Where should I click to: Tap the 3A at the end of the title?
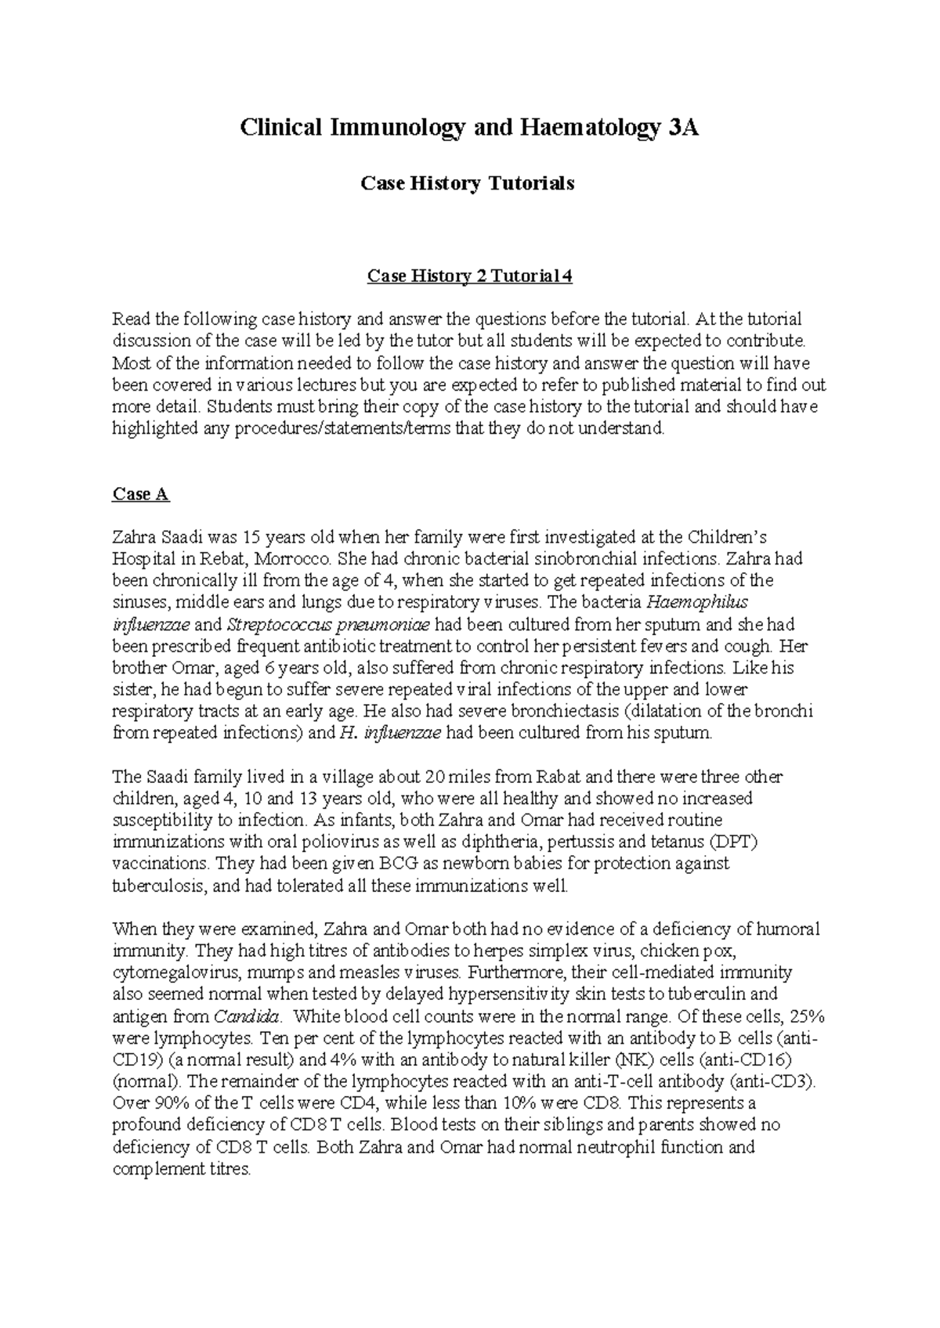pyautogui.click(x=681, y=128)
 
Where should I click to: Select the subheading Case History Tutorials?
pyautogui.click(x=467, y=183)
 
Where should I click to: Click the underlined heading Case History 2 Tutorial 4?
pyautogui.click(x=470, y=276)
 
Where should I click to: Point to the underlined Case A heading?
pyautogui.click(x=141, y=494)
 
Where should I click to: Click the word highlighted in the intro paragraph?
pyautogui.click(x=152, y=428)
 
